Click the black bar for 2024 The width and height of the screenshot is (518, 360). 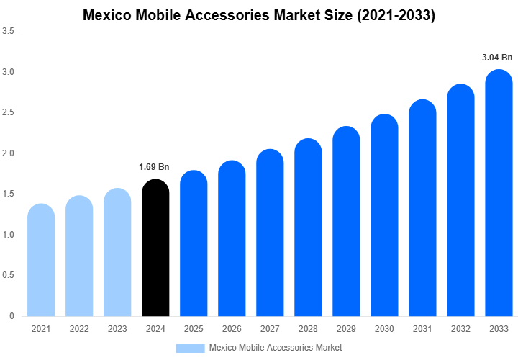pos(155,248)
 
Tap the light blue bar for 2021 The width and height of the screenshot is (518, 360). pos(41,261)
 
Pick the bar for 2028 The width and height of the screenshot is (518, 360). pos(308,228)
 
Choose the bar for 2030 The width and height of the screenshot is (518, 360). pos(384,215)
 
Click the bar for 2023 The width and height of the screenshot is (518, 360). pos(117,253)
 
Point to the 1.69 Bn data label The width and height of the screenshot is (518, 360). pos(154,167)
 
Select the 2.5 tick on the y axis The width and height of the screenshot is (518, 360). pos(9,113)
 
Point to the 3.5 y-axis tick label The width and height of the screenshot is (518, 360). pos(9,32)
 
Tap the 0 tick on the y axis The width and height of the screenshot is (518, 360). pos(12,316)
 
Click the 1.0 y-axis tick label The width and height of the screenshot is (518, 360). pos(9,235)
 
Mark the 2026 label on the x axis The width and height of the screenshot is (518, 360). pos(232,329)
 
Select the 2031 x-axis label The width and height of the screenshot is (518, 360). pos(422,329)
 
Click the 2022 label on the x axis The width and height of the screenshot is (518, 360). pos(79,329)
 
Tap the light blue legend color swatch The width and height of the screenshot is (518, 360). pos(190,348)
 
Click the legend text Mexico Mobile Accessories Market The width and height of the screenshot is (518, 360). pos(275,348)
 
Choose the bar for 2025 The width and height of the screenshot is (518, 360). pos(194,244)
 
